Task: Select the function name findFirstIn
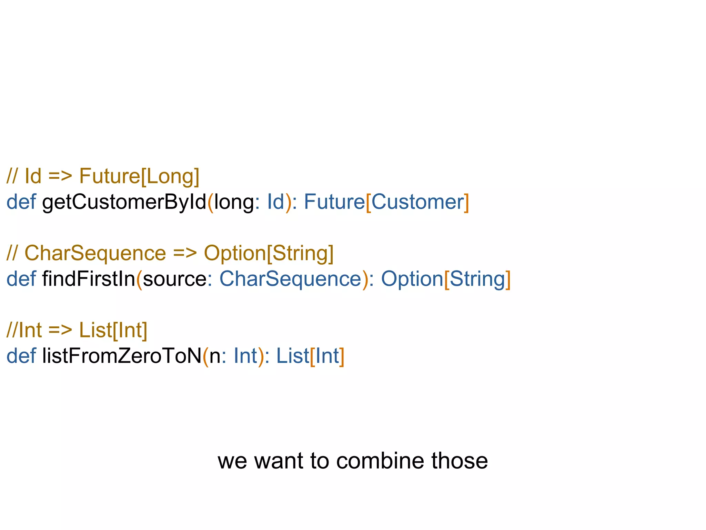89,279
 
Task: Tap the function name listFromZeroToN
122,356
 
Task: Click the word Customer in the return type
417,202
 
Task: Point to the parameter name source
174,279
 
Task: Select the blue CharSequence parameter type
290,279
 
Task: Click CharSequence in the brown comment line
95,253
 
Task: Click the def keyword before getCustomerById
21,202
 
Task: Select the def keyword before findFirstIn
21,279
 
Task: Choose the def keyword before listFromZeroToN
21,356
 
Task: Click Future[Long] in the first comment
139,176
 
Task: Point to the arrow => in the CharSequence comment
185,253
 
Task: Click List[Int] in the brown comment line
113,330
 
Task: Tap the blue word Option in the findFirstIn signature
412,279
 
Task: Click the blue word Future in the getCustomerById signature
334,202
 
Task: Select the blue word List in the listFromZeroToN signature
293,356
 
